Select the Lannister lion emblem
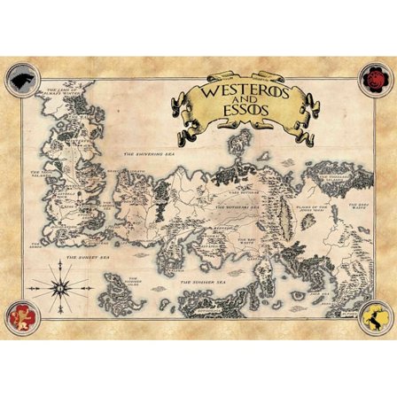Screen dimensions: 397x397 click(x=20, y=315)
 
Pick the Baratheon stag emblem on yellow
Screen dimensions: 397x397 click(x=376, y=315)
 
